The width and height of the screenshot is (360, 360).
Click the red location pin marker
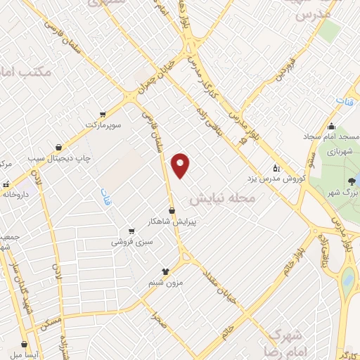181,165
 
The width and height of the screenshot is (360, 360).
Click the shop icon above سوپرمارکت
103,114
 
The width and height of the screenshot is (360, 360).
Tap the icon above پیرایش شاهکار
172,210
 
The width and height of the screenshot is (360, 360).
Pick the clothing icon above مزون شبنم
165,270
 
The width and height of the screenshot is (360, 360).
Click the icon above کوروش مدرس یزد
276,168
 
